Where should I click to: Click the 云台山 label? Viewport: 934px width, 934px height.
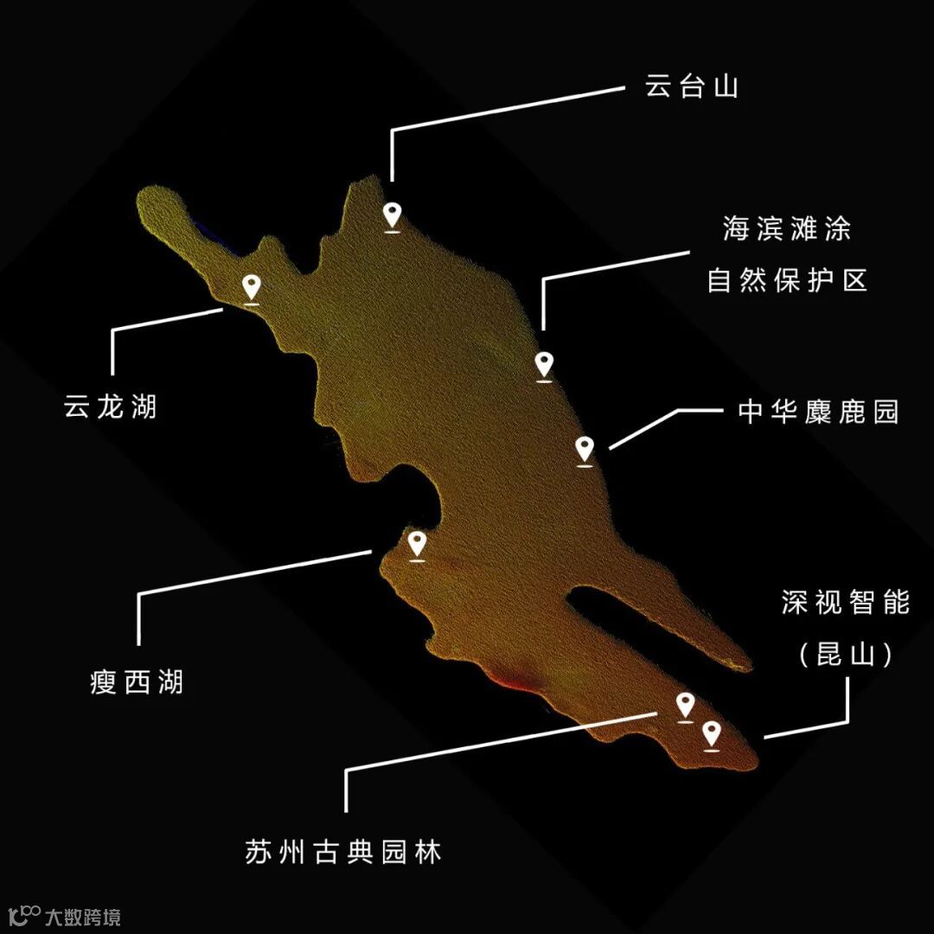coord(692,86)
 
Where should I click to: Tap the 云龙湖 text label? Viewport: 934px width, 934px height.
coord(111,406)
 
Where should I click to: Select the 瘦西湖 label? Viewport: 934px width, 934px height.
coord(137,682)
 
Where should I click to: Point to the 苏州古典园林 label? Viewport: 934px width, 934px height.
coord(343,852)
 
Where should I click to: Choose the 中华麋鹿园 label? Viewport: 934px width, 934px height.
coord(818,412)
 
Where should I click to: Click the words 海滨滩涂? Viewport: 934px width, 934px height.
coord(787,229)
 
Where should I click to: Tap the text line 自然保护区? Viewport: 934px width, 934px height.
coord(787,280)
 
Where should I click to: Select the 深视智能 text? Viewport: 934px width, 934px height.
coord(846,603)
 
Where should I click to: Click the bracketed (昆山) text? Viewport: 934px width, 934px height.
coord(846,655)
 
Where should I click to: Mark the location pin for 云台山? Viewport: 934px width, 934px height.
coord(393,215)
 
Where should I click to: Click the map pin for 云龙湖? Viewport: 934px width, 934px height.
coord(252,288)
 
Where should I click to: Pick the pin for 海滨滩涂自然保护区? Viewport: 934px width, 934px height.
coord(543,365)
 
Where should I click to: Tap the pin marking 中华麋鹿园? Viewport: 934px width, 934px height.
coord(585,450)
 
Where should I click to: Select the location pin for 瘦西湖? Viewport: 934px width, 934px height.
coord(417,545)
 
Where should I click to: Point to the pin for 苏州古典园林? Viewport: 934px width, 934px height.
coord(685,706)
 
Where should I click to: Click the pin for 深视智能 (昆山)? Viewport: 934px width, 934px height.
coord(712,735)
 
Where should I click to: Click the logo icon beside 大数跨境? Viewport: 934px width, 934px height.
coord(23,914)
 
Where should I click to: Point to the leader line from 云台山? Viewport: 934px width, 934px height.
coord(506,109)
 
